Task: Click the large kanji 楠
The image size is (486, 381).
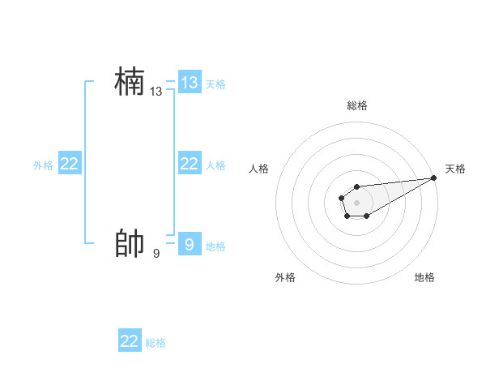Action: point(130,83)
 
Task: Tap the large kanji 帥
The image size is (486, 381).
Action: point(130,244)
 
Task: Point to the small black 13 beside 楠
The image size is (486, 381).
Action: point(156,92)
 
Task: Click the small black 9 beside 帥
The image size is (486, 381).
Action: point(156,254)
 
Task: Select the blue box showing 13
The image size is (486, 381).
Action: point(190,82)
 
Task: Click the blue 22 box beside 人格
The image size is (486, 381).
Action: point(190,164)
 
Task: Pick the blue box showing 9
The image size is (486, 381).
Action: point(190,244)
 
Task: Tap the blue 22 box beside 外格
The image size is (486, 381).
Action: point(70,164)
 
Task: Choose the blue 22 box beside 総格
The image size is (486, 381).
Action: point(130,341)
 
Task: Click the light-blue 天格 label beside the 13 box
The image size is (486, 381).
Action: point(215,83)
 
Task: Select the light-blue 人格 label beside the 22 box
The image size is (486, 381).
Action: point(215,165)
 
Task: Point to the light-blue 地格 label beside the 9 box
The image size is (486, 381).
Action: point(215,246)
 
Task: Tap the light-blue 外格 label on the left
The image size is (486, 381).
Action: point(43,165)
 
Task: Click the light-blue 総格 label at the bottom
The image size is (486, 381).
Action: point(156,343)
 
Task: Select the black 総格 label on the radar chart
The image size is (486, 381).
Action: point(357,106)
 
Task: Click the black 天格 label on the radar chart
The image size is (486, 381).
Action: point(455,169)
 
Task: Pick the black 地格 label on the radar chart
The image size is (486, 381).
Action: point(424,278)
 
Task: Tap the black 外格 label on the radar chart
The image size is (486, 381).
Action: point(285,278)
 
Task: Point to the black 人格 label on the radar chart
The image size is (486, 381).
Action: point(259,169)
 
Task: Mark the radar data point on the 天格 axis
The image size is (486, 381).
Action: point(434,178)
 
